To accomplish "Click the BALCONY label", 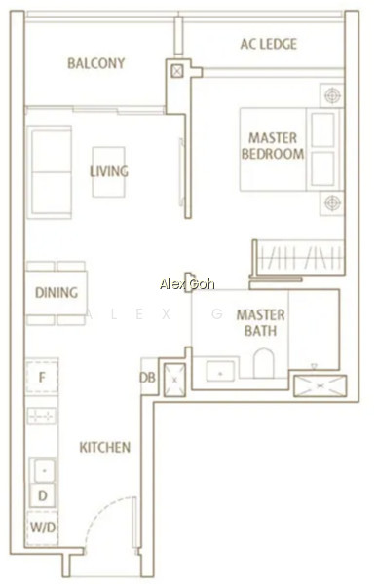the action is coord(95,63).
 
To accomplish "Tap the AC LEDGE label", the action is coord(269,44).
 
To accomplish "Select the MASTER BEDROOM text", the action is coord(273,146).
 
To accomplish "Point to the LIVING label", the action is coord(109,171).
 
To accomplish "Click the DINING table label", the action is coord(57,293).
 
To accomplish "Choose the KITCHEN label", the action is coord(105,447).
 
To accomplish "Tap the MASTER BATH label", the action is coord(260,322).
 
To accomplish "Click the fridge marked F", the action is coord(42,377).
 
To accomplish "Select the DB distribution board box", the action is coord(148,377).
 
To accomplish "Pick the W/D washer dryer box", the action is coord(42,527).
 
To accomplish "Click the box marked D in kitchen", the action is coord(43,495).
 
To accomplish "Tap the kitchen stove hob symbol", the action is coord(42,416).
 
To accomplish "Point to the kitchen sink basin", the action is coord(44,470).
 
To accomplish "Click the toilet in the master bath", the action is coord(263,363).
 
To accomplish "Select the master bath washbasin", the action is coord(220,371).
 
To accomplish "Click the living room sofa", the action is coord(50,172).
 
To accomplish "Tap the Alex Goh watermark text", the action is coord(187,284).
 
